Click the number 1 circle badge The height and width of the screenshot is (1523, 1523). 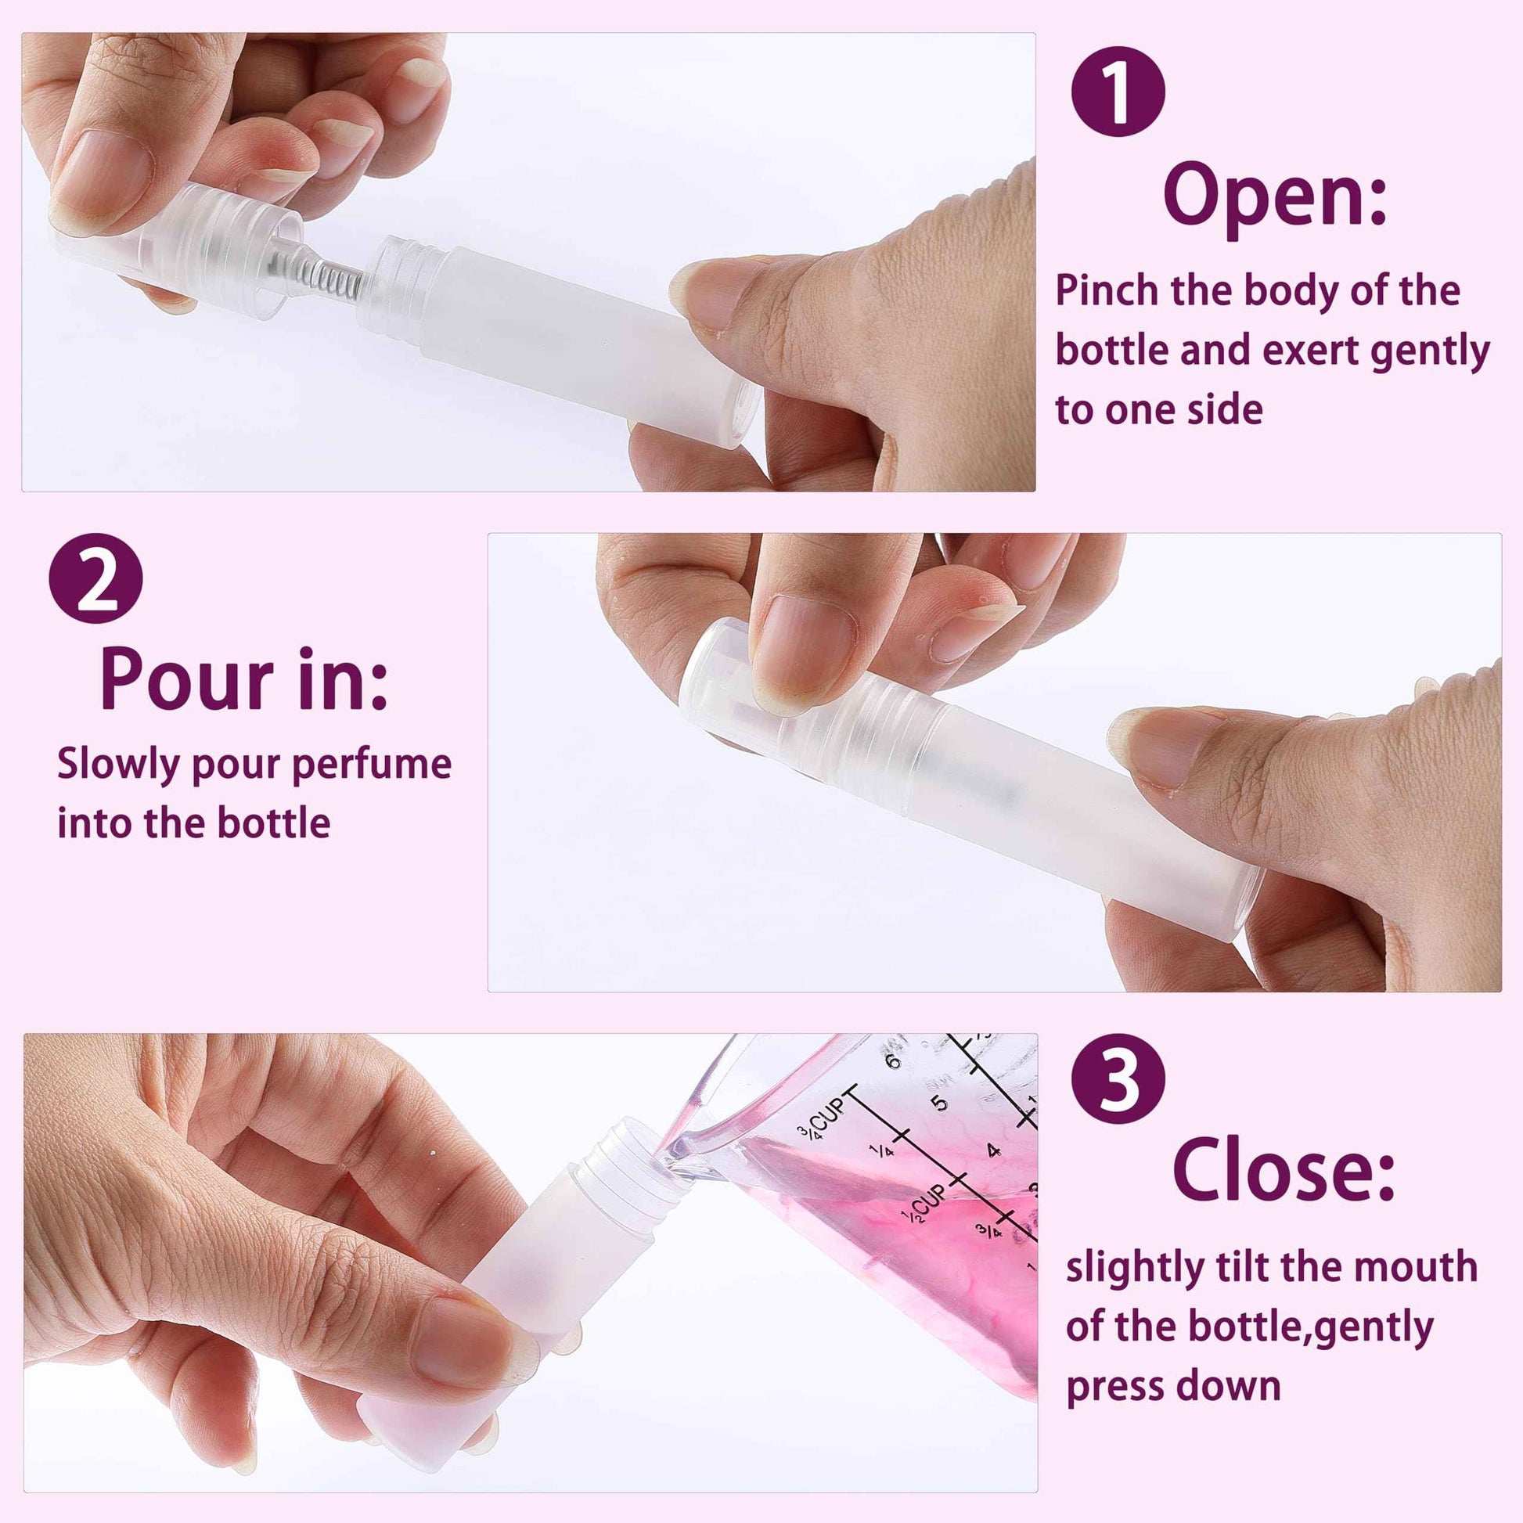tap(1118, 92)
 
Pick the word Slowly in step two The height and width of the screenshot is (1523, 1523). tap(119, 766)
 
